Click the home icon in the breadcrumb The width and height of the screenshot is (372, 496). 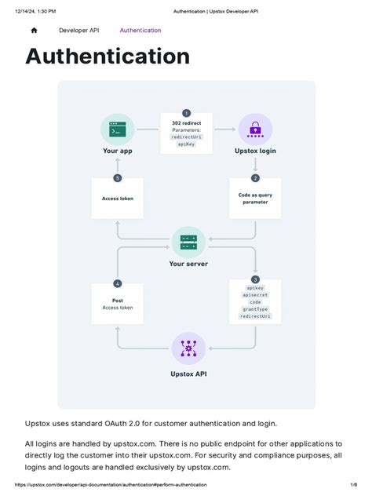click(x=35, y=31)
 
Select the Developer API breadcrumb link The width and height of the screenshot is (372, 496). click(x=78, y=31)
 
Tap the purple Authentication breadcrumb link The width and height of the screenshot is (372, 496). click(x=140, y=31)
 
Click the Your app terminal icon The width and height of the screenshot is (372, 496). click(x=118, y=129)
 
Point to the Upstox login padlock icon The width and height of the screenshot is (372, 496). click(x=255, y=129)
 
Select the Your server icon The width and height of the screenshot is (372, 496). click(x=188, y=243)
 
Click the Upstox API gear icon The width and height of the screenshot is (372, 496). click(x=188, y=348)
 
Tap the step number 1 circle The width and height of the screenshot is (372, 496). click(x=186, y=113)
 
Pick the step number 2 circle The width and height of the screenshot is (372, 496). click(x=255, y=178)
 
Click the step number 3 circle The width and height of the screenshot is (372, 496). click(x=255, y=279)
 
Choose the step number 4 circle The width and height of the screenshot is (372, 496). click(x=118, y=284)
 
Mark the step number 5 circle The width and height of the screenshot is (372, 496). click(x=118, y=178)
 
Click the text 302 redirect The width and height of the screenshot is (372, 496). click(x=186, y=123)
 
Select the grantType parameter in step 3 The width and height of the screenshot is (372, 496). click(x=255, y=309)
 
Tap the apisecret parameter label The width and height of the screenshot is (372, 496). click(x=255, y=295)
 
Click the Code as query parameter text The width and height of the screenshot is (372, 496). click(x=255, y=199)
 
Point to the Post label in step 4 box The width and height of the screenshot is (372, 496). click(x=118, y=301)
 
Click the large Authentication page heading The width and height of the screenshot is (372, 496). click(x=108, y=57)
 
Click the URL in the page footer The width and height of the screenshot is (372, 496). click(x=111, y=484)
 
